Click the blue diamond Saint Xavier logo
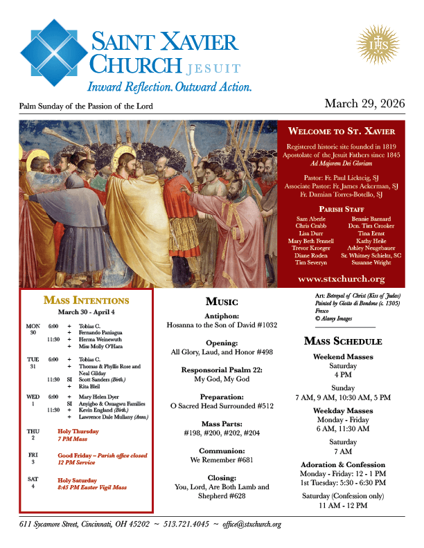point(53,53)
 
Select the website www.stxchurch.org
point(341,279)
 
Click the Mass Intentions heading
point(86,300)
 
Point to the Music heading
point(222,302)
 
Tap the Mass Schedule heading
point(343,341)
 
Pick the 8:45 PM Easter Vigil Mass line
point(92,487)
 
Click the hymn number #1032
point(263,324)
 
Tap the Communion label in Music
point(222,450)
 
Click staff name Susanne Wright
point(371,263)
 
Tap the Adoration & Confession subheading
point(343,464)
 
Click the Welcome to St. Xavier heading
point(341,131)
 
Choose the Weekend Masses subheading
point(343,357)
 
